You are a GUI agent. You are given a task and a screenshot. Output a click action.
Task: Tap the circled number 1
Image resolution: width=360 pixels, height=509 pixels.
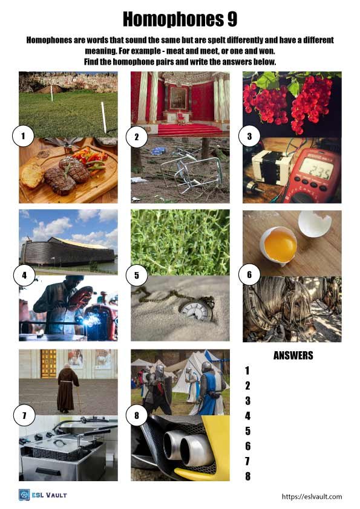(23, 137)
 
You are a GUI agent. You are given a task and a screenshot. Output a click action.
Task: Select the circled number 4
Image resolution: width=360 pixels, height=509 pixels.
(24, 276)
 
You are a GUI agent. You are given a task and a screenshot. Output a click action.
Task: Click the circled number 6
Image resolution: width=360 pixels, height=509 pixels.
(249, 275)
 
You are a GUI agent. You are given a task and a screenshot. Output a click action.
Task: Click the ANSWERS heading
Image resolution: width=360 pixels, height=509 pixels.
(293, 355)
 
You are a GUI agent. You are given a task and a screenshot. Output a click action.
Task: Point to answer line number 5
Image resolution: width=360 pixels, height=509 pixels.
(247, 431)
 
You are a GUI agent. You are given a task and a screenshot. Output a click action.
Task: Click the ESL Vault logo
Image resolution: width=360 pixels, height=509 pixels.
(42, 495)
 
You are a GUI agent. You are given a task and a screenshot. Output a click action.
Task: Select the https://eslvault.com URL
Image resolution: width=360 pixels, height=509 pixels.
(312, 496)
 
